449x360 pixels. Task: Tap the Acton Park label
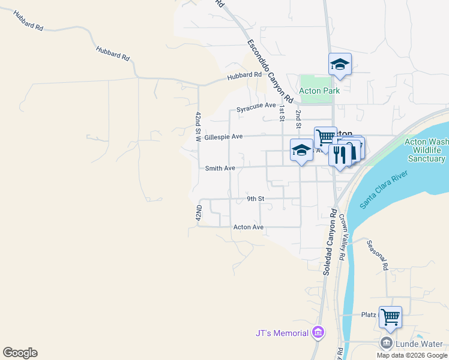coord(319,91)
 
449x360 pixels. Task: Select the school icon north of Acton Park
coord(340,65)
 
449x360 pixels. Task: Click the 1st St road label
coord(281,112)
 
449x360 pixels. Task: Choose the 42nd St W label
coord(198,127)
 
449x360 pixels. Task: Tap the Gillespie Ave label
coord(223,137)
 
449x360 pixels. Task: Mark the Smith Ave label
coord(220,169)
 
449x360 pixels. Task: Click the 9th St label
coord(256,199)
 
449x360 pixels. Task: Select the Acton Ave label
coord(249,227)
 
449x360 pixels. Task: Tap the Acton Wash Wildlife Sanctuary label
coord(426,151)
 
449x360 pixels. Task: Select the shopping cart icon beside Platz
coord(390,316)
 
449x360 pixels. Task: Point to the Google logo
coord(20,353)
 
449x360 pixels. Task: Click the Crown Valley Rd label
coord(342,237)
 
